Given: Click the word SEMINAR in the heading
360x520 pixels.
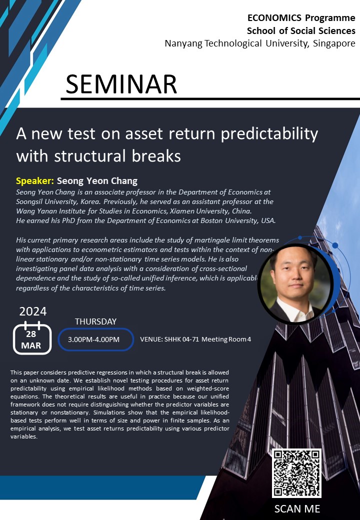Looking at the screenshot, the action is coord(121,84).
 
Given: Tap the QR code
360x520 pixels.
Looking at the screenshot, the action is coord(296,473).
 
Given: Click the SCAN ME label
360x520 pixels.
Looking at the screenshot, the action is coord(297,508).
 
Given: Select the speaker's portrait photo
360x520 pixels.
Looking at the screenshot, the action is coord(295,284).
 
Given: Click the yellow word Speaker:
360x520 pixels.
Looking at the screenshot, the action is coord(35,180).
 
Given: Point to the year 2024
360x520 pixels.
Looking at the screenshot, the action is coord(33,311).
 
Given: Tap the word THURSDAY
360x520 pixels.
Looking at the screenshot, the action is coord(96,321).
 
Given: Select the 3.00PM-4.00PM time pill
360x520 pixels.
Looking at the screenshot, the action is coord(96,339).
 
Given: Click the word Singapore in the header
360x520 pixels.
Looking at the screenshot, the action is coord(334,43).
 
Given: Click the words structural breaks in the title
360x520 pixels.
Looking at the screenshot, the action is coord(117,156).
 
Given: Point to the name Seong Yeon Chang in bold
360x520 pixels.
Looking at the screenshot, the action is coord(97,181).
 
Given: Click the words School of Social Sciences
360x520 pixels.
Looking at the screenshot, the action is coord(301,31).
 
